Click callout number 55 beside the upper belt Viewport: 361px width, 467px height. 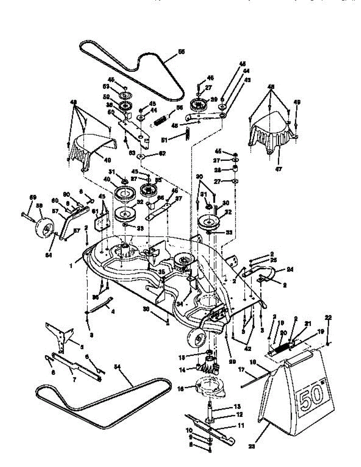181,52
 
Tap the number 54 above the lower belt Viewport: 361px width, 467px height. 117,367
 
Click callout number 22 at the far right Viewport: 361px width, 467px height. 329,318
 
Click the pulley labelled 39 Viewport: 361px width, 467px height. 200,104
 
